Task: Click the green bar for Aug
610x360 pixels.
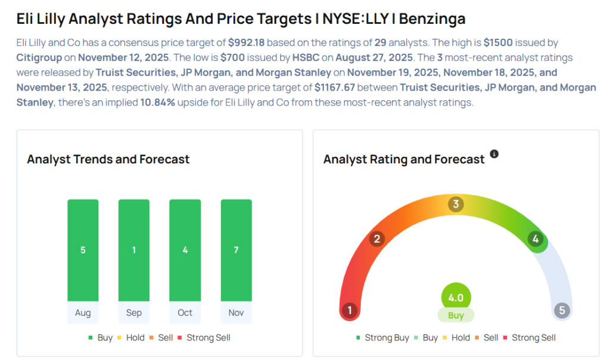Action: point(83,250)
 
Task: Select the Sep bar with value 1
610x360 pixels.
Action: point(134,250)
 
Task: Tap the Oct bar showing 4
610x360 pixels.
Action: point(185,250)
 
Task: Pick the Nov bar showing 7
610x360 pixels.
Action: point(236,250)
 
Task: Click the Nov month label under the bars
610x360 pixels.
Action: point(236,313)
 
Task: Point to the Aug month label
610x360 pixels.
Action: point(83,313)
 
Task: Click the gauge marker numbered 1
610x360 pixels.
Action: point(350,311)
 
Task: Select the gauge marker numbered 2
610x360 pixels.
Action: point(376,240)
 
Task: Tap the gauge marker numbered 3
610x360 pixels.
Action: point(456,204)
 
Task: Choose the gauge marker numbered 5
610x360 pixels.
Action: point(561,311)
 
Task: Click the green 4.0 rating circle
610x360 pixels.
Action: point(456,297)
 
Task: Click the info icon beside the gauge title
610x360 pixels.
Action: point(494,154)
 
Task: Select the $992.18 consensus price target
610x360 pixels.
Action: point(250,43)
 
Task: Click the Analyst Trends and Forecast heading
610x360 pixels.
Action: point(108,159)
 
